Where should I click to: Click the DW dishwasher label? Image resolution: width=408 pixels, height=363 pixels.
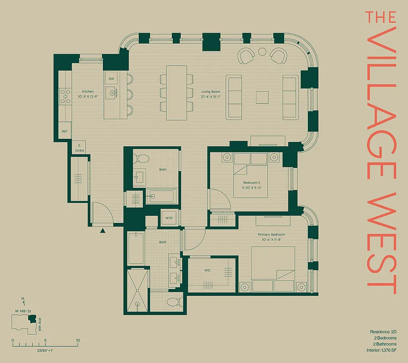coord(111,79)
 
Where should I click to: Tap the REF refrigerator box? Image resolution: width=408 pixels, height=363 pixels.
coord(64,131)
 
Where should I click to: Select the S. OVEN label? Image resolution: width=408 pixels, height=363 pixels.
coord(79,147)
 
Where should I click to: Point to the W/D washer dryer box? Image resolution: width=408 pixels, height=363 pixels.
coord(169,218)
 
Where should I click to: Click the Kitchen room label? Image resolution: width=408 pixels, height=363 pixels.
coord(88,91)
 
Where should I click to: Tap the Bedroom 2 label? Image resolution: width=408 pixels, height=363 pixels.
coord(251,183)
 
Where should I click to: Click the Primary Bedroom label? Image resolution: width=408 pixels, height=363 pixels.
coord(270,235)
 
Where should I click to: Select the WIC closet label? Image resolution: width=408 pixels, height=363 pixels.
coord(207,270)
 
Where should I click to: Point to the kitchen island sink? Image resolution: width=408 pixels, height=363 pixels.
coord(112,93)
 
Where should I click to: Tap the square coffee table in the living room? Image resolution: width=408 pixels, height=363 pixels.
coord(262,97)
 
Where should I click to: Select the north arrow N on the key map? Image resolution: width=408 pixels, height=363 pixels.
coord(23,300)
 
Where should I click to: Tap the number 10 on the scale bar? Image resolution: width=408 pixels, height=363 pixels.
coord(78,340)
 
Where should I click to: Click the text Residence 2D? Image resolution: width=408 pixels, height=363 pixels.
coord(383,332)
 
